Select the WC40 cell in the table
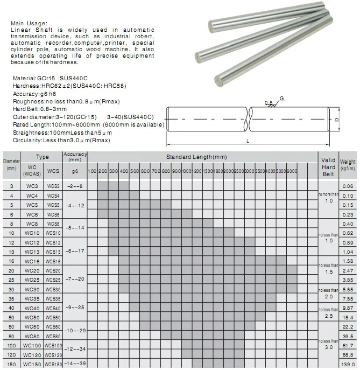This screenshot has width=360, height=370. click(32, 308)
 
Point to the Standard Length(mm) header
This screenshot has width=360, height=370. click(196, 156)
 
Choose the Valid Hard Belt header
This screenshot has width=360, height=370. click(328, 167)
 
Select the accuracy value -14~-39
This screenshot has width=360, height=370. click(75, 365)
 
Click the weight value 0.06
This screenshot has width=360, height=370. click(348, 186)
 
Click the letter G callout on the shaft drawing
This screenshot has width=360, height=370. click(282, 98)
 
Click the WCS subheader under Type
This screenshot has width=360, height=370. click(53, 171)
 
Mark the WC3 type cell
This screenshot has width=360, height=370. click(32, 186)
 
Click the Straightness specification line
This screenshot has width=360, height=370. click(61, 132)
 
